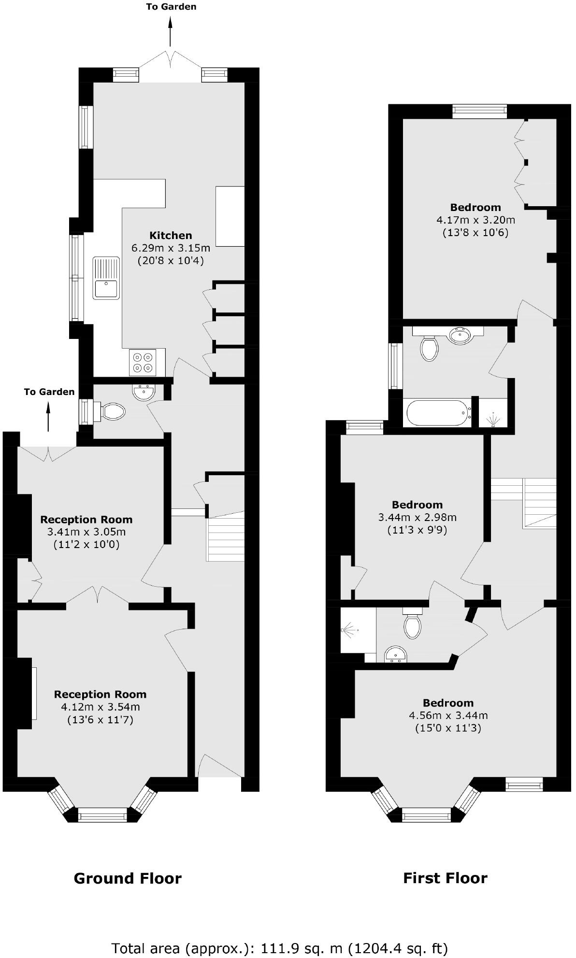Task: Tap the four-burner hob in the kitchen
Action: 143,362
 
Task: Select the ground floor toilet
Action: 113,412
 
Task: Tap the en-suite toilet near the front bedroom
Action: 412,626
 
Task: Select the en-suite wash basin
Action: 396,656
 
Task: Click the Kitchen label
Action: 171,236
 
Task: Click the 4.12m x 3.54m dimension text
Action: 100,707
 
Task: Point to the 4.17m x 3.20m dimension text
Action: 475,220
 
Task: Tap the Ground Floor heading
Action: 128,878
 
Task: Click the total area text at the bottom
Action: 280,948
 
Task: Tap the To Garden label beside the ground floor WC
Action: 49,392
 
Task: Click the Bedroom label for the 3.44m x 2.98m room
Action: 417,505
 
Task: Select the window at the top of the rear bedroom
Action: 480,112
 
